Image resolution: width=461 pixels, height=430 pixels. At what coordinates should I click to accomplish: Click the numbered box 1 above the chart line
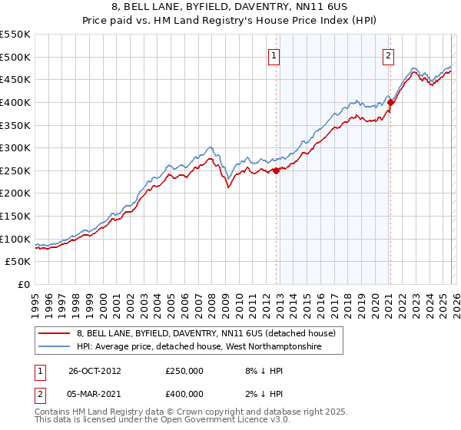pyautogui.click(x=274, y=55)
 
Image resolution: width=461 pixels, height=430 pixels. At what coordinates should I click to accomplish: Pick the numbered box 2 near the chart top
pyautogui.click(x=389, y=55)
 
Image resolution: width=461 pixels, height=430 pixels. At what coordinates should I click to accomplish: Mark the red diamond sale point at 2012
pyautogui.click(x=276, y=171)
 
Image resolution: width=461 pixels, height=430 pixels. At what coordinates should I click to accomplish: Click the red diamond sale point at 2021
pyautogui.click(x=390, y=102)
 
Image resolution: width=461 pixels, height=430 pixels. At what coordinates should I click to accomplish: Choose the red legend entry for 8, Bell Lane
pyautogui.click(x=206, y=334)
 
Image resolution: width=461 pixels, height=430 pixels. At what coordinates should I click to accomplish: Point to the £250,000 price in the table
pyautogui.click(x=184, y=371)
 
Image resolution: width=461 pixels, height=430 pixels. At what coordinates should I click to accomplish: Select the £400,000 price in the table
pyautogui.click(x=184, y=394)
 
